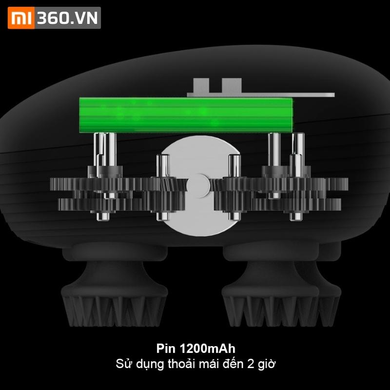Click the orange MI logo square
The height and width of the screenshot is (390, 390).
pos(21,18)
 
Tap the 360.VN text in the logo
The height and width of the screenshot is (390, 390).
pos(67,18)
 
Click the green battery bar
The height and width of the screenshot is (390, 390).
pos(186,115)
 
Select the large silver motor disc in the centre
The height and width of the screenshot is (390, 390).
pos(200,186)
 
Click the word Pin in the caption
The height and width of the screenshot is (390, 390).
pos(166,349)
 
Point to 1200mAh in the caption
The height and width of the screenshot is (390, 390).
pos(207,349)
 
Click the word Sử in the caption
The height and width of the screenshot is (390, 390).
pos(122,364)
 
